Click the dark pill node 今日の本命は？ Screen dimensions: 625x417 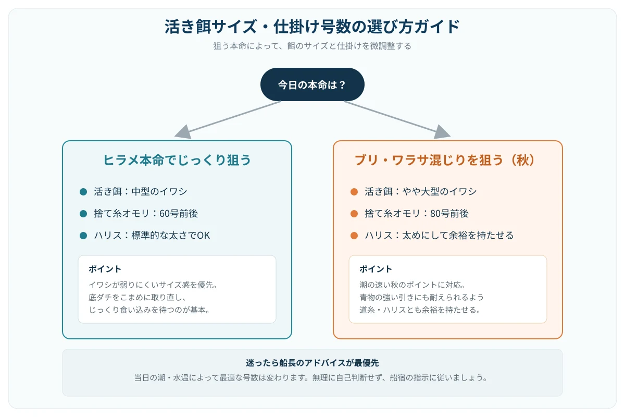[312, 84]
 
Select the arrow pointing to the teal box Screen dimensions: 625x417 [228, 119]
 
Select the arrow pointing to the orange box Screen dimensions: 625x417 [397, 119]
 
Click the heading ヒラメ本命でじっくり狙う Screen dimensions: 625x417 [177, 160]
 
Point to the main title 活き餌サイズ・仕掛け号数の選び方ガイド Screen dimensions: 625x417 [312, 27]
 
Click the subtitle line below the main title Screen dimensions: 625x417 [312, 46]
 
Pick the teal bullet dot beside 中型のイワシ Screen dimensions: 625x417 [83, 192]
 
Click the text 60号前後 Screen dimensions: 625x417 [179, 214]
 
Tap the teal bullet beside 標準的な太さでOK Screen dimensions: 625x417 [83, 236]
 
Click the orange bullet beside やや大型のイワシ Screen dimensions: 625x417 [354, 192]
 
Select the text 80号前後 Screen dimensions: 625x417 [449, 214]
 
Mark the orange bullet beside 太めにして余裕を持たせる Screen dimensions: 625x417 [354, 236]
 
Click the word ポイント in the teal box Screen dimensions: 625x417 [105, 269]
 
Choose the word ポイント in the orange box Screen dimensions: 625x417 [376, 269]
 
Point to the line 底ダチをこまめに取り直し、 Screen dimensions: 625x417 [137, 297]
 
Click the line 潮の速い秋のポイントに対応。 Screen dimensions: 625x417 [413, 285]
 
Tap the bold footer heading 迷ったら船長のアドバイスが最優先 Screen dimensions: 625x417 [312, 363]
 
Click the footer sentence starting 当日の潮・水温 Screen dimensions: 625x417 [311, 377]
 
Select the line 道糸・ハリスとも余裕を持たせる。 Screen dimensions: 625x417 [420, 310]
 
